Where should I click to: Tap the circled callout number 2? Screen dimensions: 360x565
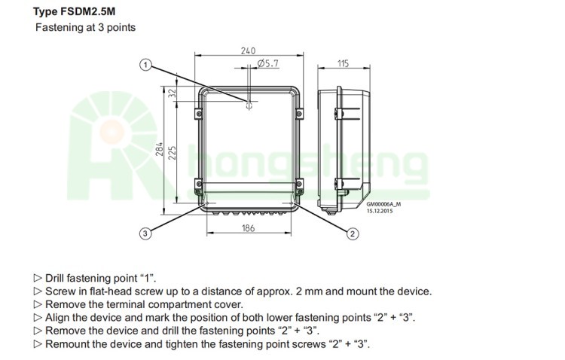coord(352,233)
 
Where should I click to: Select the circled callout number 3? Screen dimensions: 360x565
coord(145,233)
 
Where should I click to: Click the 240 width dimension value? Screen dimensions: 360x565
coord(248,50)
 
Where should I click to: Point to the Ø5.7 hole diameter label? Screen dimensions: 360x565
coord(268,64)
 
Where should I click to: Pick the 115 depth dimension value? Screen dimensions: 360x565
coord(343,64)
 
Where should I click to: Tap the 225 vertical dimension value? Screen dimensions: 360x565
coord(172,154)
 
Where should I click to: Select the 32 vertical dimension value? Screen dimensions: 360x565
coord(172,93)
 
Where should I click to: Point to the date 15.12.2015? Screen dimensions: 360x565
coord(380,211)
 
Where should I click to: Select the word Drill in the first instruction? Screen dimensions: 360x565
coord(58,278)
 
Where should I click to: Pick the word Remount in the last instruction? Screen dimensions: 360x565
coord(66,343)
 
